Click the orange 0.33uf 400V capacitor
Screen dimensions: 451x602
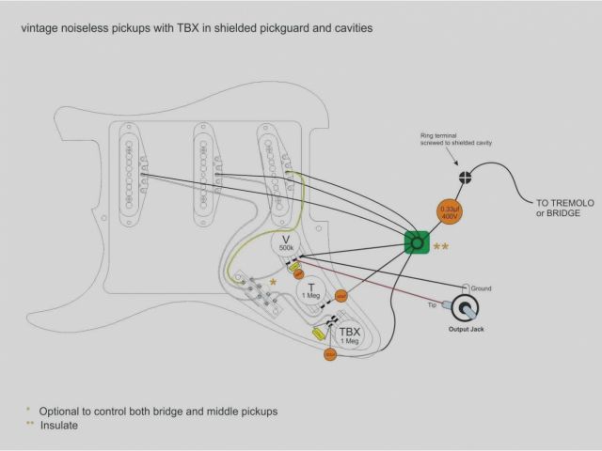tap(449, 212)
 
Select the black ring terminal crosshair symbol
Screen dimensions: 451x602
tap(464, 177)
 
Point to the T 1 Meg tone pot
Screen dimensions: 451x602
tap(310, 291)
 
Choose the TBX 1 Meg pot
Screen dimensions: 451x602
tap(349, 335)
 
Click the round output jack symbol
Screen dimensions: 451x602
tap(465, 307)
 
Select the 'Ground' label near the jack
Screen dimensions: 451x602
tap(480, 288)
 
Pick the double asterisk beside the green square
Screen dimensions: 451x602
tap(440, 246)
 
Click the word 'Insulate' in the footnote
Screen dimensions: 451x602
tap(59, 425)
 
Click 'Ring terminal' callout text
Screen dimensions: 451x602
tap(439, 135)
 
